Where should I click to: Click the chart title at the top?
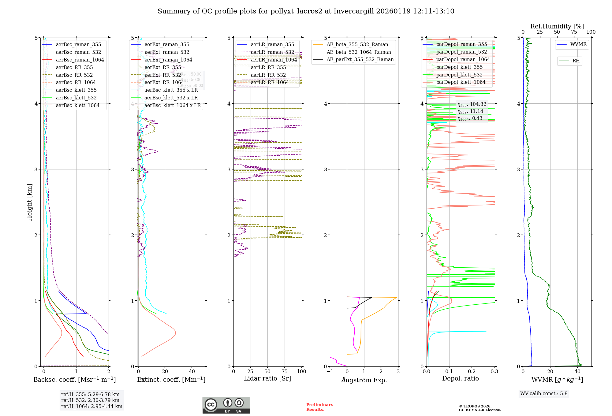pyautogui.click(x=306, y=11)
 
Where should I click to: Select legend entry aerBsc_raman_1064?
pyautogui.click(x=80, y=60)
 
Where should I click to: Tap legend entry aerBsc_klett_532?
pyautogui.click(x=76, y=98)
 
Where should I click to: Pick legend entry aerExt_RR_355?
pyautogui.click(x=163, y=68)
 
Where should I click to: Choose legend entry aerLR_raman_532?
pyautogui.click(x=272, y=52)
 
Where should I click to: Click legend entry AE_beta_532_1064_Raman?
pyautogui.click(x=359, y=52)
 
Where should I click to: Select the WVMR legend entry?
pyautogui.click(x=578, y=44)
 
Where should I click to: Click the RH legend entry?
pyautogui.click(x=576, y=61)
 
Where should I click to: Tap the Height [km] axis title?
pyautogui.click(x=29, y=202)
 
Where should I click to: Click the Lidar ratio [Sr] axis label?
pyautogui.click(x=267, y=378)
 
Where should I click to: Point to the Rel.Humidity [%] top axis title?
pyautogui.click(x=557, y=26)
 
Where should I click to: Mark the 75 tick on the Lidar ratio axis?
pyautogui.click(x=285, y=371)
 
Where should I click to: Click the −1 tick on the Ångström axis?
pyautogui.click(x=330, y=371)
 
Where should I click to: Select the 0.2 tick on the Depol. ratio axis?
pyautogui.click(x=472, y=371)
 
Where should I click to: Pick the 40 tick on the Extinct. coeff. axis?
pyautogui.click(x=192, y=371)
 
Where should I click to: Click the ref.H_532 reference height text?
pyautogui.click(x=90, y=400)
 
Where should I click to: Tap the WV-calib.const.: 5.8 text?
pyautogui.click(x=544, y=394)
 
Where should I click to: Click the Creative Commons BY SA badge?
pyautogui.click(x=226, y=405)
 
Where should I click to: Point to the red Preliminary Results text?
pyautogui.click(x=319, y=407)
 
